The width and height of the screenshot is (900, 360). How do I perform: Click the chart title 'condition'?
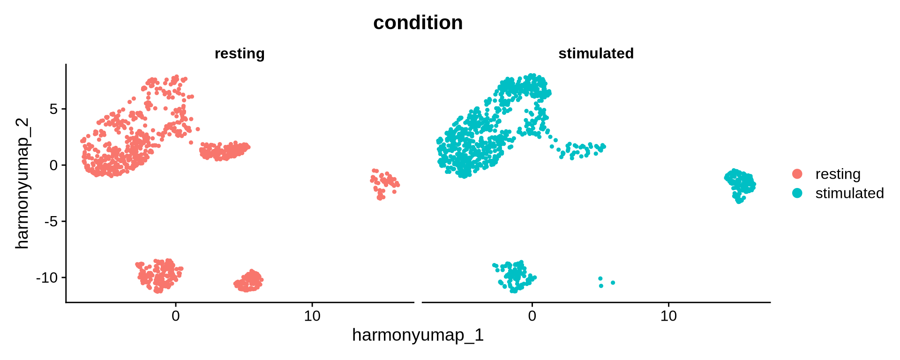click(418, 22)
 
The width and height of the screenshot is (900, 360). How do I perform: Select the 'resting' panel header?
click(240, 53)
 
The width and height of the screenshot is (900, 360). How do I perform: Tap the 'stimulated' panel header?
click(596, 53)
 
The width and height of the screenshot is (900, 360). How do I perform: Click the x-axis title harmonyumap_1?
click(418, 335)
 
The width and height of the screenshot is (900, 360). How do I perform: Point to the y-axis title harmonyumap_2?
click(22, 183)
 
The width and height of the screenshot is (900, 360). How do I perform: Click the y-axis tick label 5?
click(53, 109)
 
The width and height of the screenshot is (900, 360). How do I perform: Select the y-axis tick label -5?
click(51, 221)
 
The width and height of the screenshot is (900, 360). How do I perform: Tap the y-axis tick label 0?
click(53, 165)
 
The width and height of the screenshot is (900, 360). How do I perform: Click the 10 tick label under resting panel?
click(312, 316)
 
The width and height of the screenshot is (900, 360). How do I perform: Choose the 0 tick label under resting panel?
click(176, 316)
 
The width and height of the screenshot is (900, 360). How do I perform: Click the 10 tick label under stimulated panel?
click(668, 316)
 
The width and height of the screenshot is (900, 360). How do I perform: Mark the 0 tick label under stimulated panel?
click(532, 316)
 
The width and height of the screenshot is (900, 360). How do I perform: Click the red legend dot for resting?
click(797, 174)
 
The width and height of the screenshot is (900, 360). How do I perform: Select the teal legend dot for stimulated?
click(797, 193)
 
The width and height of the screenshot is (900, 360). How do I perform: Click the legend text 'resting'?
click(838, 174)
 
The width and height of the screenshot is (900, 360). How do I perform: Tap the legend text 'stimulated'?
click(849, 193)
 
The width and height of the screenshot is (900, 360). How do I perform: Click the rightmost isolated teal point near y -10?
click(613, 283)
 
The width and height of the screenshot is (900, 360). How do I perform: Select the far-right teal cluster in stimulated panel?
click(740, 184)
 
